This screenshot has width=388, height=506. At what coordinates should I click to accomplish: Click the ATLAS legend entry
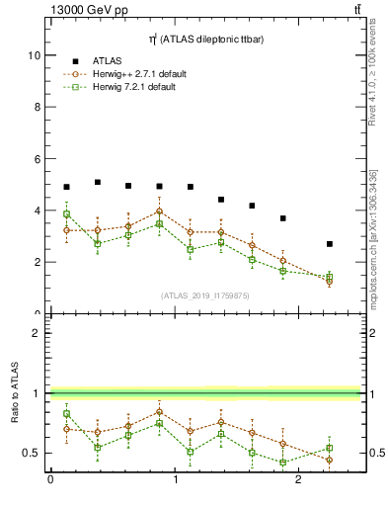(x=107, y=61)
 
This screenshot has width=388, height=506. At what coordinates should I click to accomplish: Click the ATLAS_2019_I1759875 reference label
(x=204, y=295)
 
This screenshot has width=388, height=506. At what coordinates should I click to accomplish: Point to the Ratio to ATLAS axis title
(x=15, y=393)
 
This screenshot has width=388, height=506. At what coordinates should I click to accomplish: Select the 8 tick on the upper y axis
(x=38, y=107)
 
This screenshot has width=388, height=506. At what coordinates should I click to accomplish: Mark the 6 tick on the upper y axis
(x=38, y=158)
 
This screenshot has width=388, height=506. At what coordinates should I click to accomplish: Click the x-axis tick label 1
(x=176, y=480)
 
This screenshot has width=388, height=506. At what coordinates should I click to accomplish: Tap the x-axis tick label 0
(x=50, y=480)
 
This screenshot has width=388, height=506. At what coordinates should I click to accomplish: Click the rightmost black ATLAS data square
(x=330, y=244)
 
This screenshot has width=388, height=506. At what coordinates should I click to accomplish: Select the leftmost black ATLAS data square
(x=66, y=187)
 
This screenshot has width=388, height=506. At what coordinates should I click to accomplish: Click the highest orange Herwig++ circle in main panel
(x=159, y=211)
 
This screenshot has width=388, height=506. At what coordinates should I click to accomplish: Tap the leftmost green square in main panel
(x=66, y=214)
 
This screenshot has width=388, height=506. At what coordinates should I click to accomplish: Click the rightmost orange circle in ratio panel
(x=330, y=460)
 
